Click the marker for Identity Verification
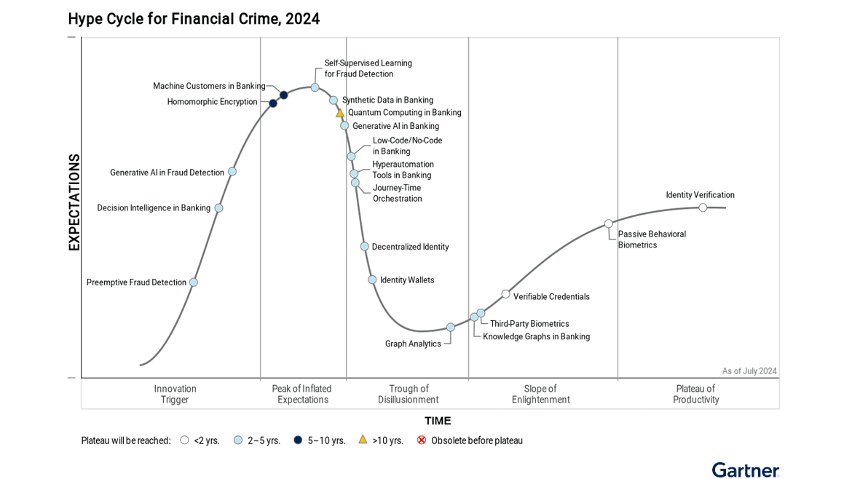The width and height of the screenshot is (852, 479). click(x=703, y=207)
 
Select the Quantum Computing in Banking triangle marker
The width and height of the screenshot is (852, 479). click(x=339, y=113)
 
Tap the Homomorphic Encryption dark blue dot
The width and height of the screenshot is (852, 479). click(x=273, y=103)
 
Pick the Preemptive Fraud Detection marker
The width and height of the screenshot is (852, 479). click(x=193, y=282)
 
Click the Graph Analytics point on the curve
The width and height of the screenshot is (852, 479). click(x=450, y=328)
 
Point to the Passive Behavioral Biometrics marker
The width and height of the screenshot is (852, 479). click(x=609, y=223)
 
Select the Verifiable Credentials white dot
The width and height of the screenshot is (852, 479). click(x=505, y=294)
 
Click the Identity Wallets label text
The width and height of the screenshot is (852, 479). click(x=407, y=280)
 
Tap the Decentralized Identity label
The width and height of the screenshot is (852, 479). click(x=410, y=247)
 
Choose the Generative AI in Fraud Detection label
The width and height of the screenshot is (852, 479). click(x=167, y=173)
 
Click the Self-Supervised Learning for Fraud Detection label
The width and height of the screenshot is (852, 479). click(x=368, y=68)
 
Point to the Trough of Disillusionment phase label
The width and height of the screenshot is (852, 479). click(x=408, y=394)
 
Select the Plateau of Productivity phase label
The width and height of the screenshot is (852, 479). click(x=695, y=394)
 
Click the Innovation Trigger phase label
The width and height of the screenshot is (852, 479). click(x=175, y=394)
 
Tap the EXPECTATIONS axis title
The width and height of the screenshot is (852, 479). click(x=74, y=202)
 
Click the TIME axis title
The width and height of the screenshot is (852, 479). click(x=438, y=421)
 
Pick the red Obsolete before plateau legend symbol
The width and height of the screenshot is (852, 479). click(x=421, y=440)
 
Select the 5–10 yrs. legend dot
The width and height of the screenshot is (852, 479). click(x=298, y=440)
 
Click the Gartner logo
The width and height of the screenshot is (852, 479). click(x=745, y=470)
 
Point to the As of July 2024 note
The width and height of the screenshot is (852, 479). click(x=749, y=371)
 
